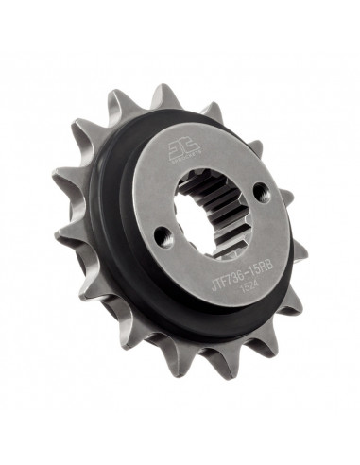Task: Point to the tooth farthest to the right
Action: [x=298, y=251]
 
